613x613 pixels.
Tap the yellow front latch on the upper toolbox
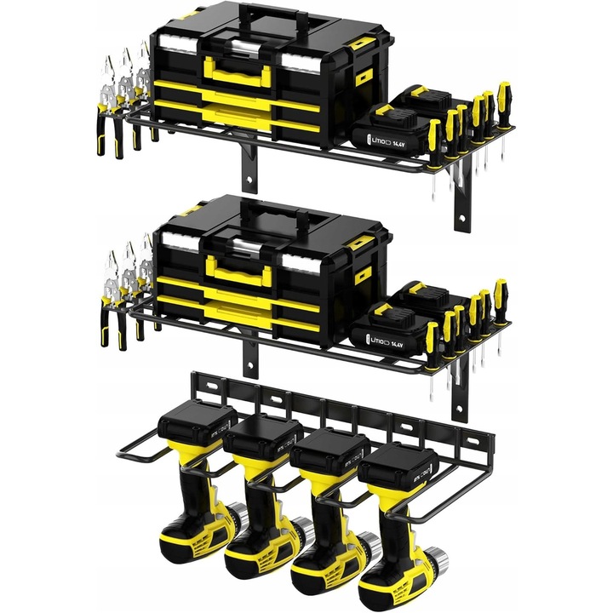(x=236, y=72)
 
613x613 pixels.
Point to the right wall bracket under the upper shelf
(x=463, y=204)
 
